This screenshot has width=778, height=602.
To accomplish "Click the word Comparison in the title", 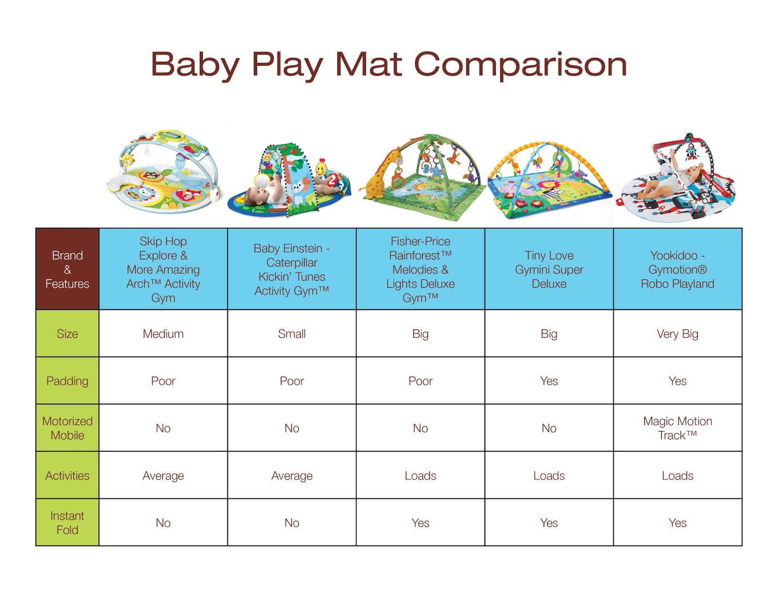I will point(520,65).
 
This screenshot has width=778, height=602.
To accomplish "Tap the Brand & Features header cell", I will point(68,269).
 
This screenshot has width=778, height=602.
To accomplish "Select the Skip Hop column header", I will point(163,269).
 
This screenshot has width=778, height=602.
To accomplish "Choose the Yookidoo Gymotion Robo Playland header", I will point(677,269).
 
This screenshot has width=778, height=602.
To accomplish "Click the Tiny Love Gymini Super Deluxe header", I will point(549,269).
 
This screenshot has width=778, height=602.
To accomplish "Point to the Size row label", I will point(68,334).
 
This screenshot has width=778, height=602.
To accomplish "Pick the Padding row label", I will point(68,381).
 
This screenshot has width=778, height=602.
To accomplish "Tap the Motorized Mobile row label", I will point(68,428).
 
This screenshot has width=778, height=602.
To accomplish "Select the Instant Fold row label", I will point(68,523).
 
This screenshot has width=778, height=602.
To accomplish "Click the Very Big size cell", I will point(677,334).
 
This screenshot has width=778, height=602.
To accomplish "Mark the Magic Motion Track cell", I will point(677,428).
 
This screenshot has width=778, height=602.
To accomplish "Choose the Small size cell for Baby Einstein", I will point(292,334).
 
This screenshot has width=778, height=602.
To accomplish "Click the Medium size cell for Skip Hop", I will point(163,334).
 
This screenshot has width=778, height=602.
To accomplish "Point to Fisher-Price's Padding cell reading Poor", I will point(421,381).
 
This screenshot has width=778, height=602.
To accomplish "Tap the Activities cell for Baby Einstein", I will point(292,475).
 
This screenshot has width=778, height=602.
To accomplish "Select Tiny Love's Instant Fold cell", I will point(549,523).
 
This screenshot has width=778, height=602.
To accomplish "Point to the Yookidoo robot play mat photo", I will point(677,180).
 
